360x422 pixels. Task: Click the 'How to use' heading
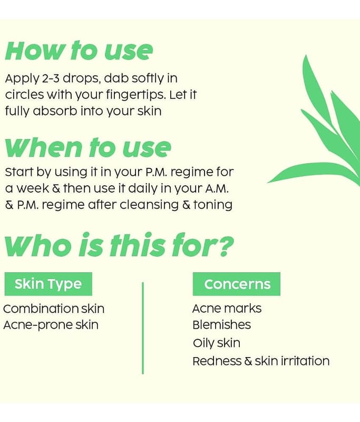point(79,50)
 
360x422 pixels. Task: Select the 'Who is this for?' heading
point(119,245)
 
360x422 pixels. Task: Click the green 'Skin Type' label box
point(48,284)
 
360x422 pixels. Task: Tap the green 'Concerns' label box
point(237,284)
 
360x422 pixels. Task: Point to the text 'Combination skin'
point(54,309)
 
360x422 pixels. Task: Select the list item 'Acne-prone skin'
point(51,325)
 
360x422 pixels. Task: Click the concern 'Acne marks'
point(227,309)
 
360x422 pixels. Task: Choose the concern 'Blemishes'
point(222,325)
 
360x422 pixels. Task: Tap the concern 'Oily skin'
point(217,343)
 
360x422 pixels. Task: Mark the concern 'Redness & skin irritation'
point(261,361)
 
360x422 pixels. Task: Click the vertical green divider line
point(143,328)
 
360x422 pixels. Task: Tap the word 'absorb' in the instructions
point(55,111)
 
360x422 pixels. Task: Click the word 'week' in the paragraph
point(33,188)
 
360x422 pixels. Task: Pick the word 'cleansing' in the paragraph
point(149,205)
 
